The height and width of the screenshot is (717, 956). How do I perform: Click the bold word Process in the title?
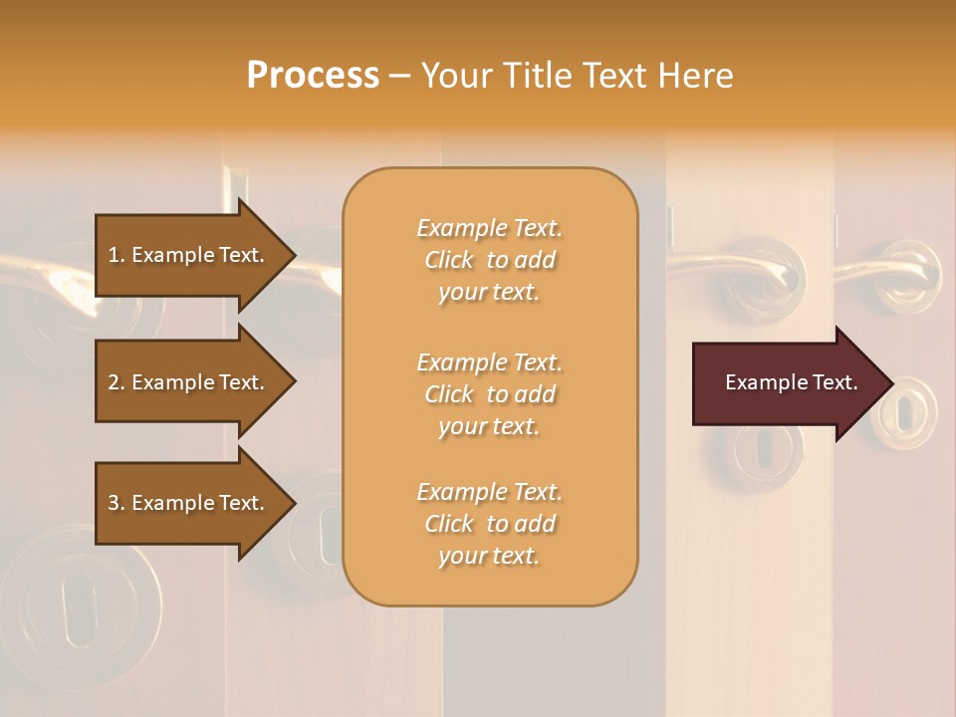click(313, 76)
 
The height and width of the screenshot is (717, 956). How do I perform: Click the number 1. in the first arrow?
click(117, 255)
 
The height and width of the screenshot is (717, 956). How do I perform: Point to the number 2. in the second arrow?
click(117, 382)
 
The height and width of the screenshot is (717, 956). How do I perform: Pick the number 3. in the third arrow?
click(117, 503)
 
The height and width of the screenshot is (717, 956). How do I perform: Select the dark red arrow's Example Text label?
click(791, 382)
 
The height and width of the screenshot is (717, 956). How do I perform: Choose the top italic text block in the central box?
click(489, 260)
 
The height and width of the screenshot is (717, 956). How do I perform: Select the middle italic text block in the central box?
click(489, 394)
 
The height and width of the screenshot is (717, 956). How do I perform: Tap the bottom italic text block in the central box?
click(489, 524)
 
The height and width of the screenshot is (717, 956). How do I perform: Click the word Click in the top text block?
click(449, 260)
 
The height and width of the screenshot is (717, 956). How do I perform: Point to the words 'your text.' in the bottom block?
click(489, 556)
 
